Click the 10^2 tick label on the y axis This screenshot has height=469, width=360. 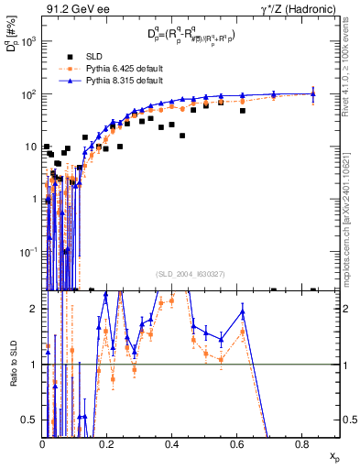click(28, 94)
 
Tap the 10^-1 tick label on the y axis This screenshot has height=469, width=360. click(28, 251)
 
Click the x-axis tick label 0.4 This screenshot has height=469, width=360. click(171, 444)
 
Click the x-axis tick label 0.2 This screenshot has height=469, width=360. click(106, 444)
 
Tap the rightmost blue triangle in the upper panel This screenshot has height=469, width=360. click(313, 93)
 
